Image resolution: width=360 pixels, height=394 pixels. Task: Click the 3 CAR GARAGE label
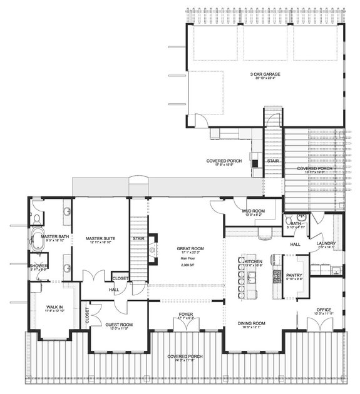click(x=263, y=74)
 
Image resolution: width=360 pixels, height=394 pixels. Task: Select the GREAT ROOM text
click(x=187, y=248)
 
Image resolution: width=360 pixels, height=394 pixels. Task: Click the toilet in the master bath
click(x=37, y=218)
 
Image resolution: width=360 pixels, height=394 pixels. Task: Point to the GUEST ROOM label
click(x=118, y=325)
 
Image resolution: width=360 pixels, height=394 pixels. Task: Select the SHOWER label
click(x=38, y=266)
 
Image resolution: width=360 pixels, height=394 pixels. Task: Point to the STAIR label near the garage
click(x=272, y=161)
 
